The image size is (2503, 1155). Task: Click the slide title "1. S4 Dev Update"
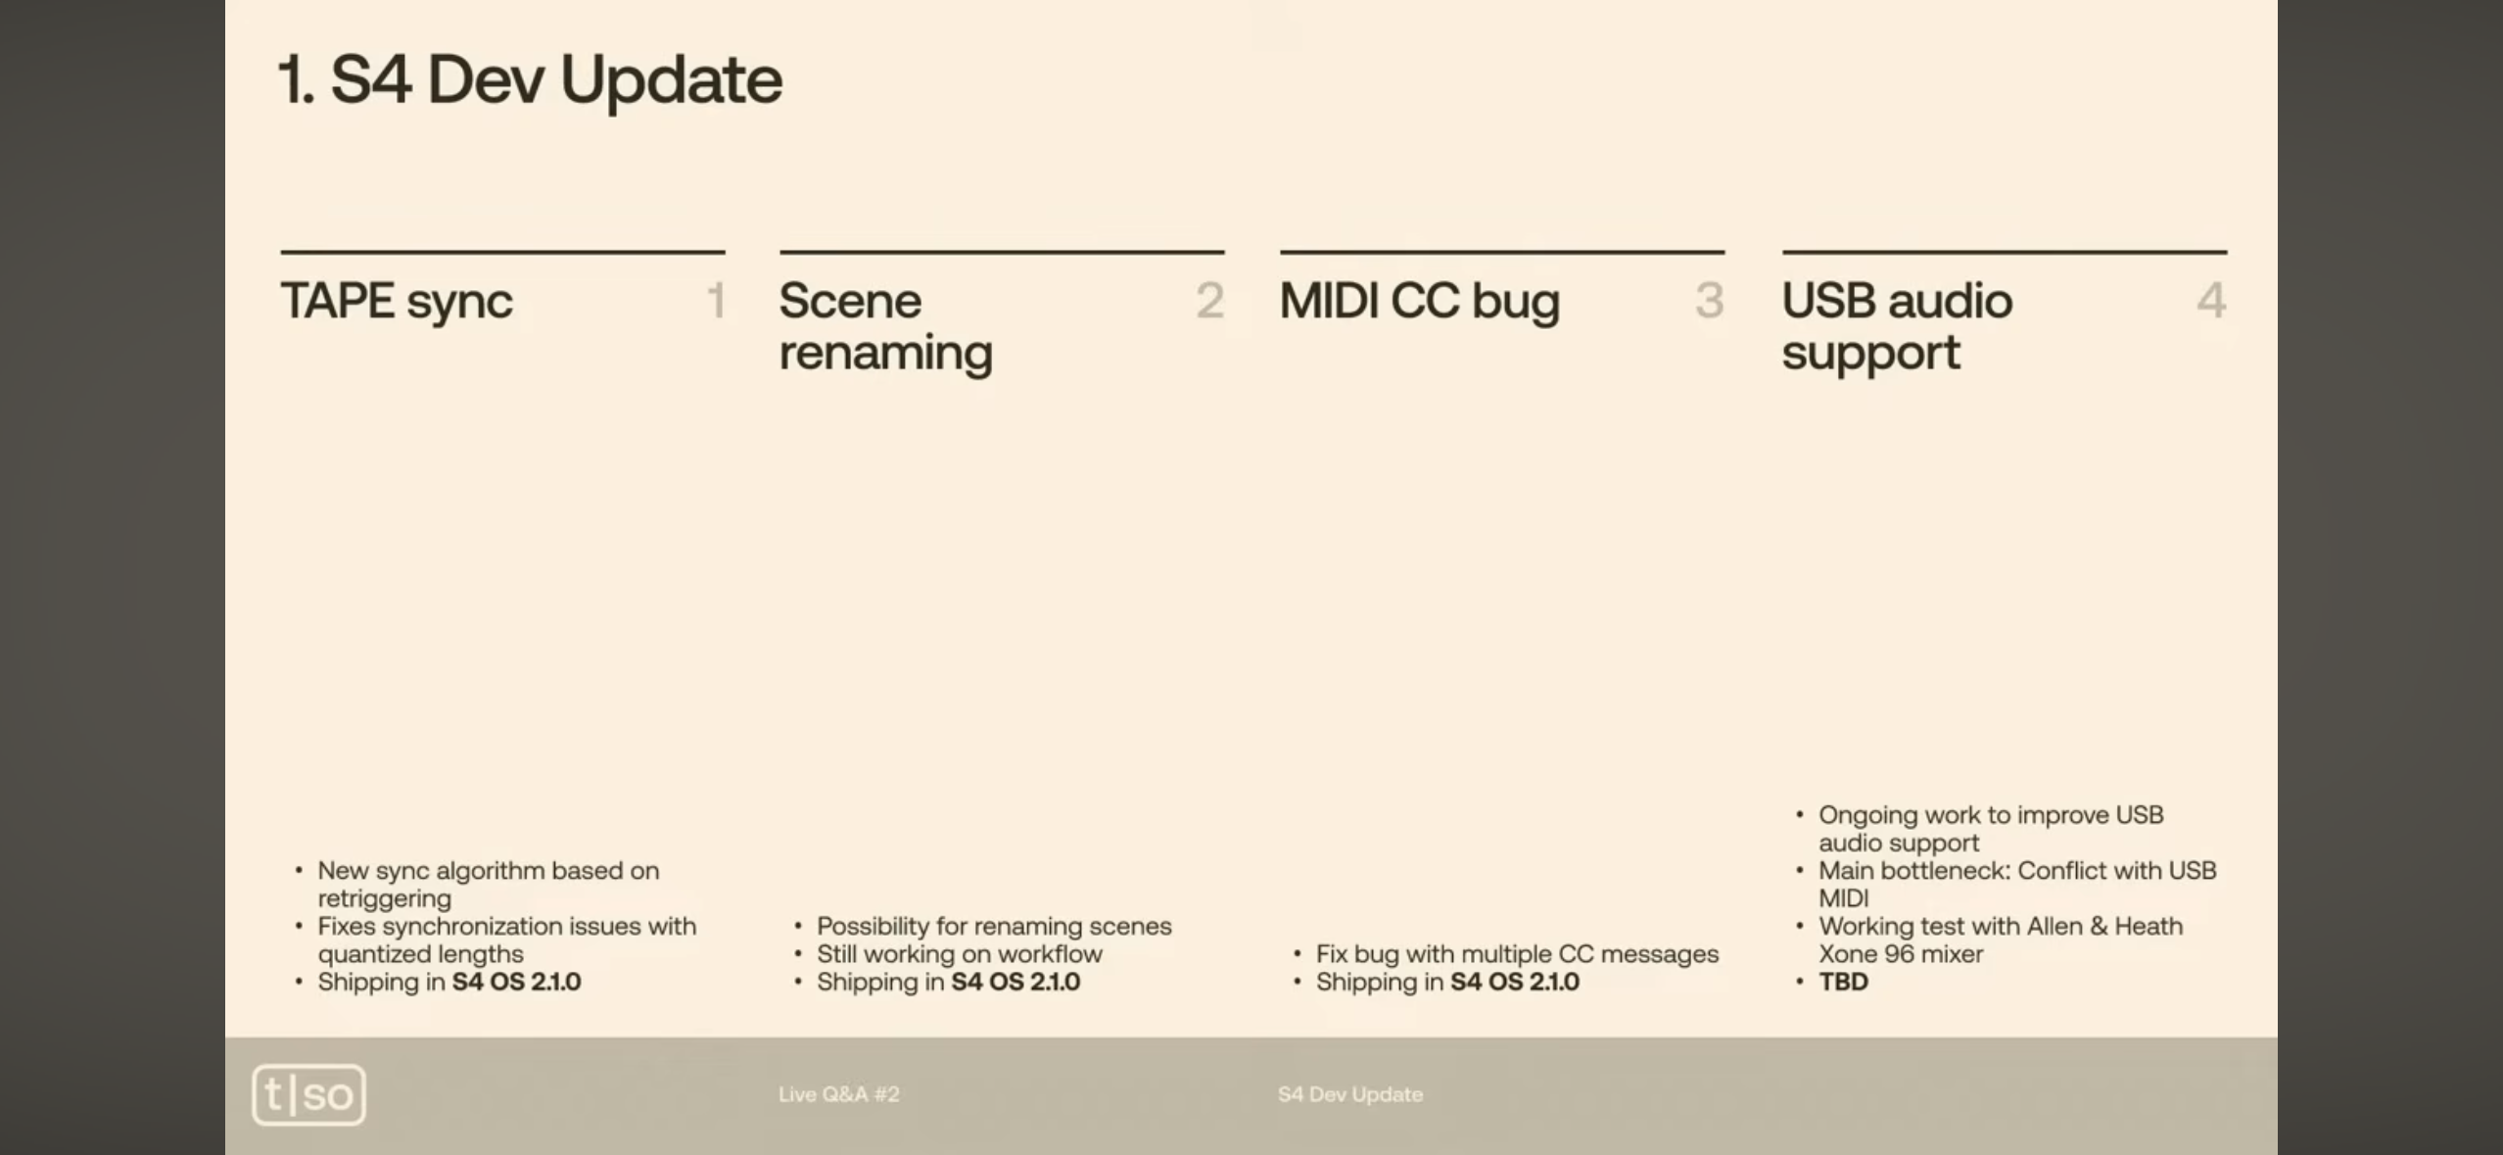pos(530,79)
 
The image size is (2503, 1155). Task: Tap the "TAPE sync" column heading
pos(397,302)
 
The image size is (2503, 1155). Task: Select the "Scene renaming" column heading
pos(885,326)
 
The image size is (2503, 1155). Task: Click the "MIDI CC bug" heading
pos(1419,301)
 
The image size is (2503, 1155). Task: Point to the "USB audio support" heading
pos(1897,326)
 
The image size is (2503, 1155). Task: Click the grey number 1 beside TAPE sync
pos(717,300)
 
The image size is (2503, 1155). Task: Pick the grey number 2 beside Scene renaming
pos(1210,300)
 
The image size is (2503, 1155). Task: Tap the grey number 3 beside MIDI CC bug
pos(1710,300)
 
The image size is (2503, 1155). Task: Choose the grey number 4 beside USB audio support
pos(2211,300)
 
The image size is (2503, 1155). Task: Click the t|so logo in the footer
pos(308,1094)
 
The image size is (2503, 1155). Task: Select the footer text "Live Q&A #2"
pos(839,1094)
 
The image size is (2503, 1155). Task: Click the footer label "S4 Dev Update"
pos(1350,1094)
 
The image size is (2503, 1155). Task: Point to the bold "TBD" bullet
pos(1843,982)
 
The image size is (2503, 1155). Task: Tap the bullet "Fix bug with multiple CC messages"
pos(1517,954)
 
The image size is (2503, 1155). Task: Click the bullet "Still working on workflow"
pos(960,954)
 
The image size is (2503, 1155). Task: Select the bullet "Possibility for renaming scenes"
pos(994,927)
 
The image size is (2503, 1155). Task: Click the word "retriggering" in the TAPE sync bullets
pos(385,899)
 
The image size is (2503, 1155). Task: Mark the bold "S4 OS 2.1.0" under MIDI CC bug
pos(1515,982)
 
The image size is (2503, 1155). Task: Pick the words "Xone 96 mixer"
pos(1901,954)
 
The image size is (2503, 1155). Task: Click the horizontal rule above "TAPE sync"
pos(502,252)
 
